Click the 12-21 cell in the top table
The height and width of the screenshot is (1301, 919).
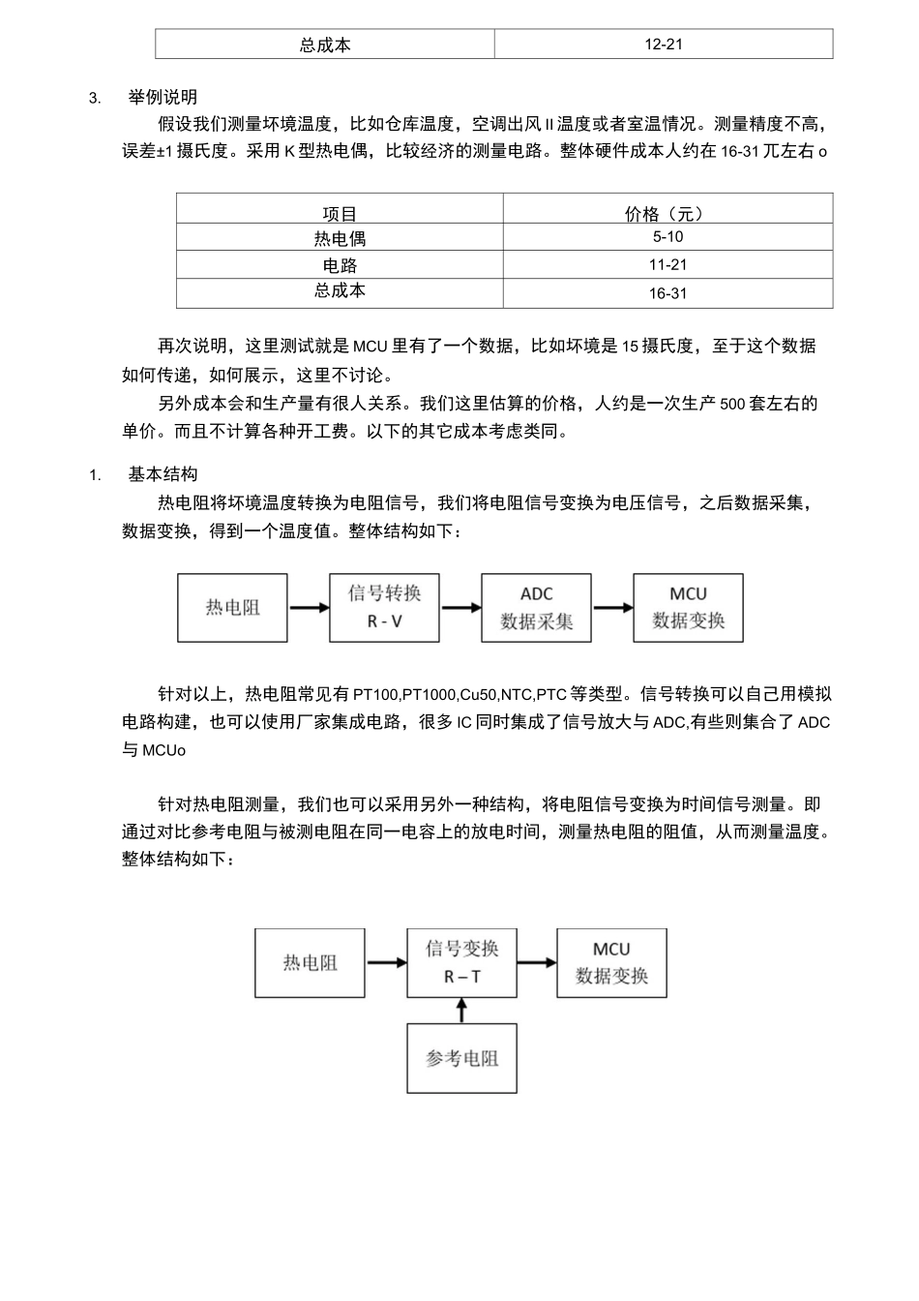click(664, 45)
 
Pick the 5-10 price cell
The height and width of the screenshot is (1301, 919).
click(667, 237)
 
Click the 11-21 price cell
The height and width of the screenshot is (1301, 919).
click(667, 265)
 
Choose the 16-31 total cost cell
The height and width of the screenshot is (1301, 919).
click(667, 293)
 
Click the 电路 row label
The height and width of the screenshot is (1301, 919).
click(340, 265)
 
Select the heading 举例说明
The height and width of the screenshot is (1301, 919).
click(163, 97)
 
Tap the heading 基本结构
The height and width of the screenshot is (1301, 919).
click(163, 474)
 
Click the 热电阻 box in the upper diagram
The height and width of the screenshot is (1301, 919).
click(232, 608)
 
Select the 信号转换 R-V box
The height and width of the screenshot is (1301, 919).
click(384, 608)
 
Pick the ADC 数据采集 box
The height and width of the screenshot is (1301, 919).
click(537, 608)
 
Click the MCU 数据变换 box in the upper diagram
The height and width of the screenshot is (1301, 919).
click(688, 608)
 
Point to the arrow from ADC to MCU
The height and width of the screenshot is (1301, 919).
click(612, 608)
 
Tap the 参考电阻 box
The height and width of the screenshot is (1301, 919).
click(461, 1058)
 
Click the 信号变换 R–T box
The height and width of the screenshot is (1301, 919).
click(461, 963)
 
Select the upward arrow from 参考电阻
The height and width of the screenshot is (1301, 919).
click(461, 1011)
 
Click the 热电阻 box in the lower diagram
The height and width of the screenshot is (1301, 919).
click(310, 963)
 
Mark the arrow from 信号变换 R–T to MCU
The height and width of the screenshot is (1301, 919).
click(537, 963)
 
